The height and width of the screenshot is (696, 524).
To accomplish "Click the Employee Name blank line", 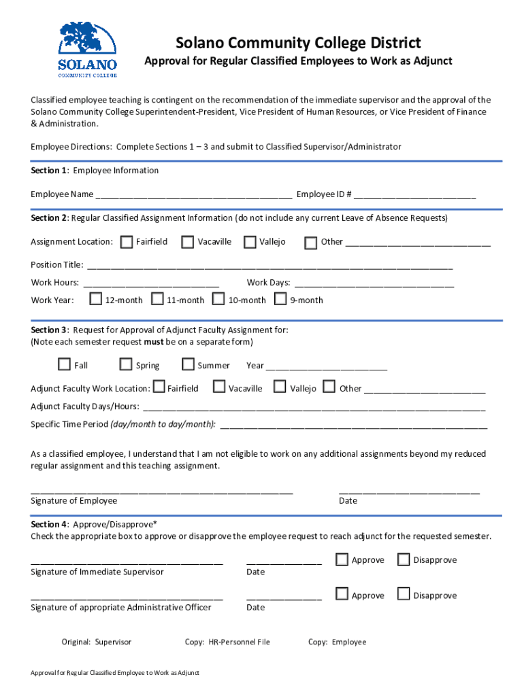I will click(194, 195).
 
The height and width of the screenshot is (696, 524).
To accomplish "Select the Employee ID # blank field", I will click(414, 195).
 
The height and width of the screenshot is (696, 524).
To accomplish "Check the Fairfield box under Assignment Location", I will click(127, 242).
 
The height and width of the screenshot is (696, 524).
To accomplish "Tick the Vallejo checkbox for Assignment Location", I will click(250, 242).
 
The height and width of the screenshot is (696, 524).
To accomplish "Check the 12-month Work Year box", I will click(96, 299).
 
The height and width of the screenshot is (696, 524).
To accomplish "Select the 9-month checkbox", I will click(280, 299).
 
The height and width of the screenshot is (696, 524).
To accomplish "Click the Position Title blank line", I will click(269, 266).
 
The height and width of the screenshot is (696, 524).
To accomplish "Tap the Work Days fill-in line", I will click(374, 283).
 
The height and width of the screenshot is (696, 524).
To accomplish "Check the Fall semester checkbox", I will click(65, 365).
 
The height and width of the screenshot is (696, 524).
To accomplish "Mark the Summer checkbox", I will click(188, 365).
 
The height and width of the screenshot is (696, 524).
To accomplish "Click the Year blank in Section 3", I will click(326, 366).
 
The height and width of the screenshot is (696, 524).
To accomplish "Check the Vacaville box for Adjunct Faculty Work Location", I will click(219, 387).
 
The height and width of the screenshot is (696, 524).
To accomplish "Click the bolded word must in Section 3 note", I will click(153, 342).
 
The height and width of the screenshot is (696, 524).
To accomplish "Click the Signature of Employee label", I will click(73, 501).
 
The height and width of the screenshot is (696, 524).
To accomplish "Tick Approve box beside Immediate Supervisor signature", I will click(342, 559).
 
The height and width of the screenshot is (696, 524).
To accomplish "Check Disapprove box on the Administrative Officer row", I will click(403, 595).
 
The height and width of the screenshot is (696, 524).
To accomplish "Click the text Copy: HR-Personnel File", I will click(227, 642).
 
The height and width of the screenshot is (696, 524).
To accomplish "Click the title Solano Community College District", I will click(298, 43).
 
